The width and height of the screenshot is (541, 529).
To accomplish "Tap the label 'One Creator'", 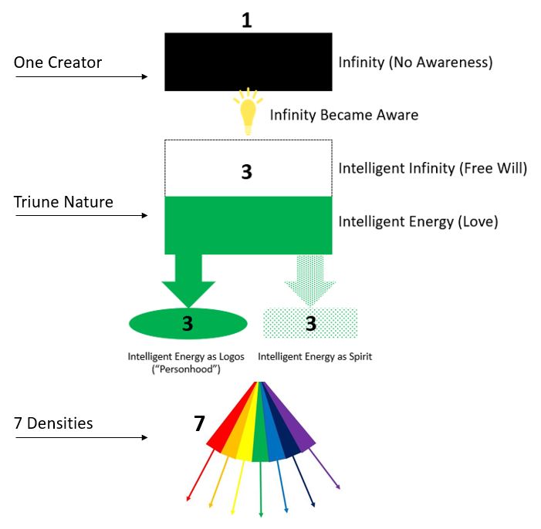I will tap(58, 62).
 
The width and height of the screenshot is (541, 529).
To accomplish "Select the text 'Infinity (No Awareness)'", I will tap(415, 62).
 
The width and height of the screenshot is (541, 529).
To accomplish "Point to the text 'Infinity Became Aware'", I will tap(343, 115).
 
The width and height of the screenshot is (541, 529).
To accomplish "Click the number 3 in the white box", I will tap(247, 171).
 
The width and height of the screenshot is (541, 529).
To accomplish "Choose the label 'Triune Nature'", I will tap(63, 202).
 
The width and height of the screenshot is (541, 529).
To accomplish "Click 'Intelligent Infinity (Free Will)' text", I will tap(432, 168).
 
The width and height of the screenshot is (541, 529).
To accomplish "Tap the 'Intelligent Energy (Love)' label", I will tap(418, 222).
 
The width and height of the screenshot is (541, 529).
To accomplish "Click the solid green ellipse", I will tap(188, 323).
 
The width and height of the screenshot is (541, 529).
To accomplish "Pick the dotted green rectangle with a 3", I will tap(310, 323).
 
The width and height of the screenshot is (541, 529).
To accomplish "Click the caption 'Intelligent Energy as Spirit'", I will tap(315, 357).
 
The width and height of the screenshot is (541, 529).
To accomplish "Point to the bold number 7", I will tap(199, 423).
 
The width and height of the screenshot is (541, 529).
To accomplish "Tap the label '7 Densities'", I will tap(53, 423).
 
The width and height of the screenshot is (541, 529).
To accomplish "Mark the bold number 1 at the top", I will tap(247, 20).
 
